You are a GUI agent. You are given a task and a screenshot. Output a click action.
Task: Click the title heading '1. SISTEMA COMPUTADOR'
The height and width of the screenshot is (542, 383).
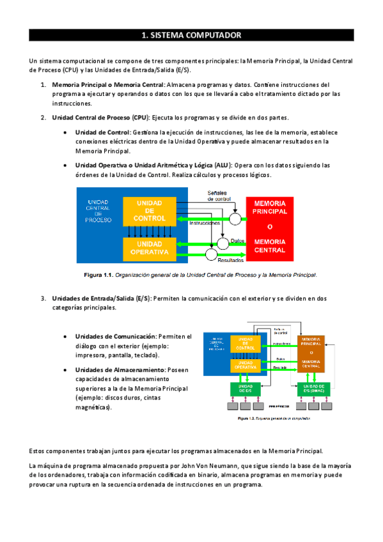[191, 35]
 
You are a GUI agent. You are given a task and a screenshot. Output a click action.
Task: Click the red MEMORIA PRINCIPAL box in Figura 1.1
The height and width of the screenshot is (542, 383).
[270, 226]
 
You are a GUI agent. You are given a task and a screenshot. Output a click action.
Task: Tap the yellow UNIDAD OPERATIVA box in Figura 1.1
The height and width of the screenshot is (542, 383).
[149, 248]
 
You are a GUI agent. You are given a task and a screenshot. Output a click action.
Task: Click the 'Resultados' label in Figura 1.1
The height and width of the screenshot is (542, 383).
[231, 261]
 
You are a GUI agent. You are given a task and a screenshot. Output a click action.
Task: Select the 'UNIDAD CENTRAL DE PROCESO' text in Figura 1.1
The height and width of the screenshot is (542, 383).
[98, 211]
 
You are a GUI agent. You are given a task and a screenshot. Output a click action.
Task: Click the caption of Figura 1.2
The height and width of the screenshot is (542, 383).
[274, 419]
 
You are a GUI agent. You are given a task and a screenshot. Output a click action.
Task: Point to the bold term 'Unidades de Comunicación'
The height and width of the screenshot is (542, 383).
[116, 336]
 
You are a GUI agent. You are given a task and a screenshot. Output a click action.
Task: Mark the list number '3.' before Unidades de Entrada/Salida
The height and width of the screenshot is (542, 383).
[43, 298]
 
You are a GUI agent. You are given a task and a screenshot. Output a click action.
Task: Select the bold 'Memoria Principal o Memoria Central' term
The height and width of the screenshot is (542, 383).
[107, 84]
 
